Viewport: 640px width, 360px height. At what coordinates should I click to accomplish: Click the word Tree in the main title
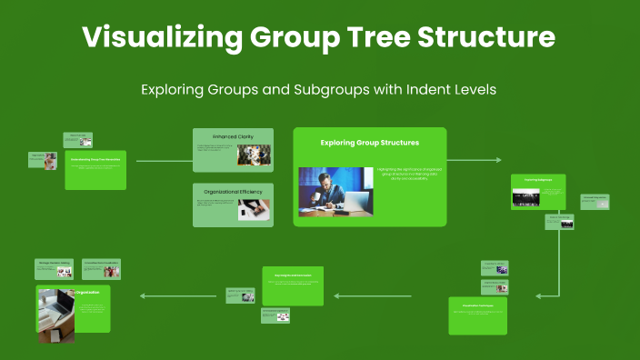[389, 37]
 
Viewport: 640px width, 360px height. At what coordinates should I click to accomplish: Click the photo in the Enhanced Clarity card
[254, 155]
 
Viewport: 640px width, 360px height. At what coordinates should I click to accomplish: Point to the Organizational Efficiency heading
[233, 192]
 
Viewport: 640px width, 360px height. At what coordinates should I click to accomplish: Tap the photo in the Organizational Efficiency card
[254, 210]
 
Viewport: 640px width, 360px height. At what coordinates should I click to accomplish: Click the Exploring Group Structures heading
[369, 143]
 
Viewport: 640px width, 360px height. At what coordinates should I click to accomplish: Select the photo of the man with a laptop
[335, 191]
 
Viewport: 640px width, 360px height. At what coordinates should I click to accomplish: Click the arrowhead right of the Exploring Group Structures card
[497, 160]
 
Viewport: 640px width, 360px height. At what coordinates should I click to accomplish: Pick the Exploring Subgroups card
[537, 192]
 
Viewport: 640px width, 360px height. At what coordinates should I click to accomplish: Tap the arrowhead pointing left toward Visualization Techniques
[538, 295]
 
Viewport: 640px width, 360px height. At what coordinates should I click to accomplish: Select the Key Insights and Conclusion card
[292, 285]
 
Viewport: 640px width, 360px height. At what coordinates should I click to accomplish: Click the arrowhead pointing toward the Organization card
[143, 295]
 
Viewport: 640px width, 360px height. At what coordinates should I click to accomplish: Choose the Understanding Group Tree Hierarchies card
[95, 169]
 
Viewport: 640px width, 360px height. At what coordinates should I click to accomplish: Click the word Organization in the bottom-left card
[87, 292]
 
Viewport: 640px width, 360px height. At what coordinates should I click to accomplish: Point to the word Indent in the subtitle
[420, 90]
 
